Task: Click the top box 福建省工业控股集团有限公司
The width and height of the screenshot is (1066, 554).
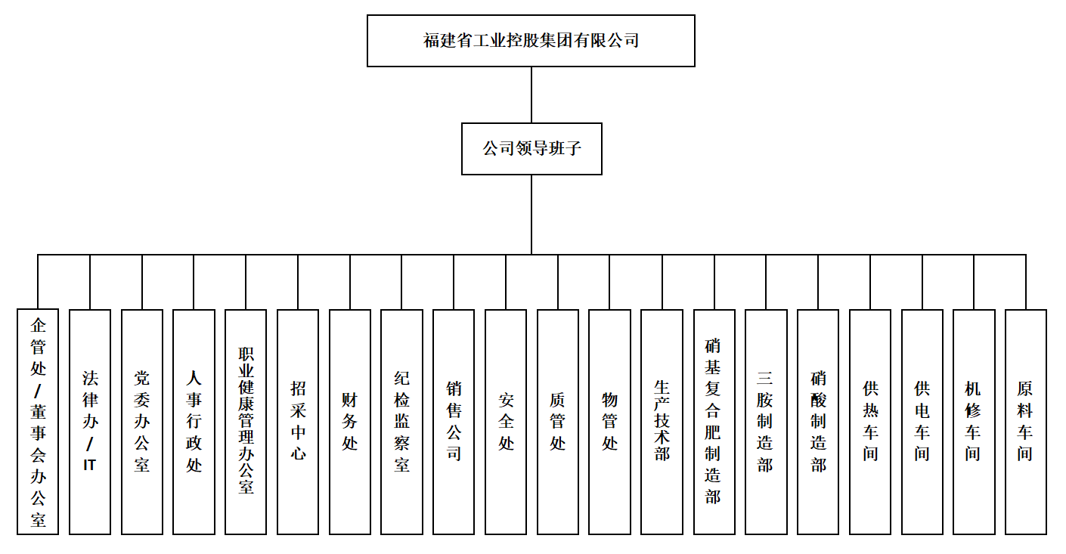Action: pyautogui.click(x=531, y=41)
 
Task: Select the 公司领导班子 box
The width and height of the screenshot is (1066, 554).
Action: pyautogui.click(x=531, y=149)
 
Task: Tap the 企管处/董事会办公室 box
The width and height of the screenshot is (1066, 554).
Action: pyautogui.click(x=38, y=422)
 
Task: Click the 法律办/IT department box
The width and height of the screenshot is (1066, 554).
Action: pyautogui.click(x=90, y=422)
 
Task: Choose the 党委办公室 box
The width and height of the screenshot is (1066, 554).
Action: pyautogui.click(x=142, y=422)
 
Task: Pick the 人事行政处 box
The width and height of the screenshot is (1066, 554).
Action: pyautogui.click(x=194, y=422)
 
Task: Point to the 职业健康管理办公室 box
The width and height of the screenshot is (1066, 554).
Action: pyautogui.click(x=246, y=422)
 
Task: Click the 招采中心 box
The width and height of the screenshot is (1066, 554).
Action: pyautogui.click(x=298, y=422)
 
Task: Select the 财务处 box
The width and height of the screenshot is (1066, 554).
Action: pyautogui.click(x=350, y=422)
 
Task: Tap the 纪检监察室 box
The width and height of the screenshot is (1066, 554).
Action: pyautogui.click(x=401, y=422)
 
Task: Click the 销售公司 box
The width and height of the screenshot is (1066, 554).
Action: pyautogui.click(x=454, y=422)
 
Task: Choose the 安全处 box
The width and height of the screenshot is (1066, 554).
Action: pyautogui.click(x=506, y=422)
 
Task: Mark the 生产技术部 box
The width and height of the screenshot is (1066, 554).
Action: pyautogui.click(x=662, y=422)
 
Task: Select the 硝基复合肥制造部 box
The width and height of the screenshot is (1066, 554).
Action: pyautogui.click(x=714, y=422)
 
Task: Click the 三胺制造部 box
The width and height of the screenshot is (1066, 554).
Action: pyautogui.click(x=766, y=422)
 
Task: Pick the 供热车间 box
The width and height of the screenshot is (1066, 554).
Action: pyautogui.click(x=870, y=422)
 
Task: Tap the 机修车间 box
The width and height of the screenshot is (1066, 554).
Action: pyautogui.click(x=974, y=422)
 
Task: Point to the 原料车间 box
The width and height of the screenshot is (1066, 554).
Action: pyautogui.click(x=1026, y=422)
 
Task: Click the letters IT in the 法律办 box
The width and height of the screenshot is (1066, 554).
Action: pyautogui.click(x=89, y=465)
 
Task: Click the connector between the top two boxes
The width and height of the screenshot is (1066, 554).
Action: pyautogui.click(x=531, y=95)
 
